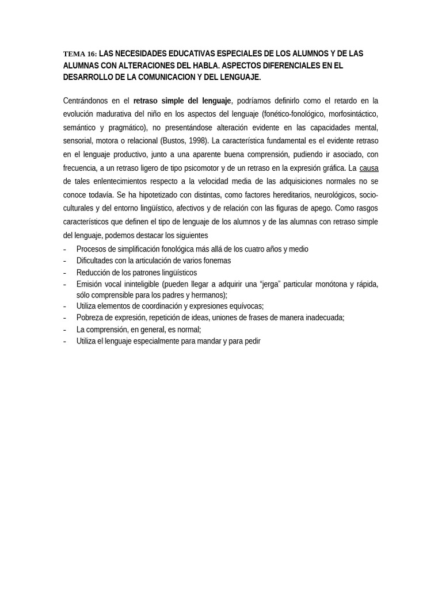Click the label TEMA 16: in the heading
click(79, 54)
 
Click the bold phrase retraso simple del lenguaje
click(182, 101)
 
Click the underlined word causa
click(369, 168)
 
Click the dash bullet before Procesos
click(64, 249)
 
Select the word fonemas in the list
click(217, 261)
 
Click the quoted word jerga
click(270, 284)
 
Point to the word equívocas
click(247, 307)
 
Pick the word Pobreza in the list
click(89, 318)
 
